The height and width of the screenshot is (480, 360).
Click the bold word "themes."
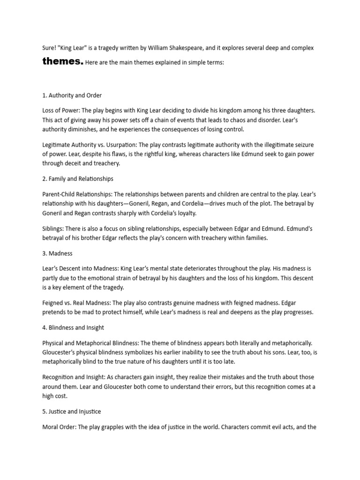(63, 61)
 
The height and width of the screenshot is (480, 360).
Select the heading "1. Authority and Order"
(72, 96)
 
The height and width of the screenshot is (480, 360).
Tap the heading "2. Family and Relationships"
(78, 179)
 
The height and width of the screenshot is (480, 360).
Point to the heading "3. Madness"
(57, 253)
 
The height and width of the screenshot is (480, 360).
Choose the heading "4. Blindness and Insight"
(73, 328)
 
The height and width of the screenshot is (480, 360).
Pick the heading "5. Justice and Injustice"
(71, 411)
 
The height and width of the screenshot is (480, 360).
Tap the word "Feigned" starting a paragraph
(53, 303)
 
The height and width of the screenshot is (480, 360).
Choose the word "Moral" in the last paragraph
(51, 427)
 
